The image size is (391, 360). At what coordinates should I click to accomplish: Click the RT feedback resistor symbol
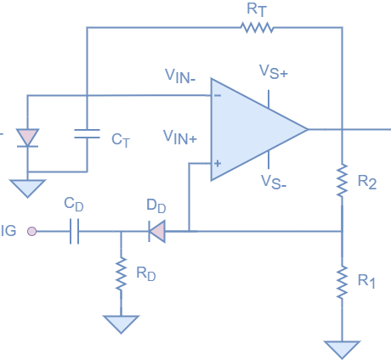tap(256, 28)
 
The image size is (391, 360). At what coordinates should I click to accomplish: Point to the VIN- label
tap(179, 75)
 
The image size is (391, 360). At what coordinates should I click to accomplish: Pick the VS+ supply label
tap(274, 73)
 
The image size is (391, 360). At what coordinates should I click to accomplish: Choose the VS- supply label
tap(274, 181)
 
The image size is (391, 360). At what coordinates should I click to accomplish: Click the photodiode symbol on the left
tap(28, 137)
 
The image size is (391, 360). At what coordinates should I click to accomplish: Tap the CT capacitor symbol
tap(86, 133)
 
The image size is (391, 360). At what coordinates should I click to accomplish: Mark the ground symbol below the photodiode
tap(27, 188)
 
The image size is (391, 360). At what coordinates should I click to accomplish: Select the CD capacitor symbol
tap(73, 231)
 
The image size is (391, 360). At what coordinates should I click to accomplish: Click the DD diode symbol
tap(156, 231)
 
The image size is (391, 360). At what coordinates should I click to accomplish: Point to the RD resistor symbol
tap(121, 273)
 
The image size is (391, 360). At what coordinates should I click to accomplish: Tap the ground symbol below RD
tap(121, 323)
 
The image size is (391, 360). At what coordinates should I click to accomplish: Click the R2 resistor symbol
tap(342, 179)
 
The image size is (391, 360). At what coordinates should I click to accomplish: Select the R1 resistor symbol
tap(342, 281)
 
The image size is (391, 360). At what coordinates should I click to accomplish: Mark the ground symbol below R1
tap(342, 349)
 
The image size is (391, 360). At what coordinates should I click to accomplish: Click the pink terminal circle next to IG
tap(31, 231)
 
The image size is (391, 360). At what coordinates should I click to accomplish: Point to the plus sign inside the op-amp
tap(218, 163)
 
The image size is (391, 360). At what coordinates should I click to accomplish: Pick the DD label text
tap(156, 206)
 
